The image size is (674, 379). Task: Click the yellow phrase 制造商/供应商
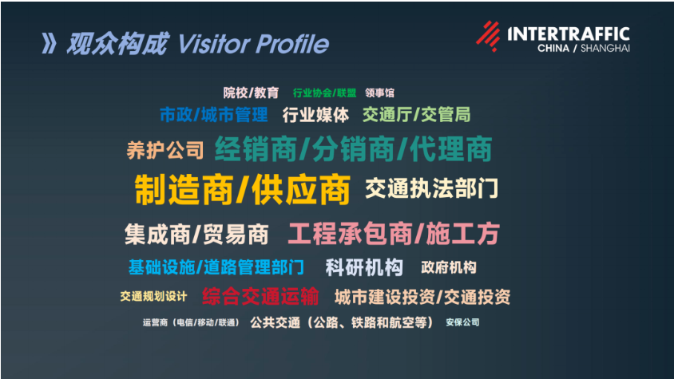[x=242, y=190]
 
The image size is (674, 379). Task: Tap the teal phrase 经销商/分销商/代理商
[x=352, y=149]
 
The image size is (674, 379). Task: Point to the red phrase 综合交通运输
[x=260, y=297]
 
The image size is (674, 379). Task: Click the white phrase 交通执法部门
[x=432, y=189]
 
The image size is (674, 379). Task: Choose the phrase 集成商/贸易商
[x=196, y=235]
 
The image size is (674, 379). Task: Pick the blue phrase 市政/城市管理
[x=213, y=115]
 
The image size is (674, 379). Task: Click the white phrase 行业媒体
[x=315, y=115]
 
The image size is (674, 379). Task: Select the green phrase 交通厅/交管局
[x=416, y=115]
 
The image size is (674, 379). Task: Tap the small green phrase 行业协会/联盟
[x=324, y=93]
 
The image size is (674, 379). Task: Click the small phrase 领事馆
[x=379, y=93]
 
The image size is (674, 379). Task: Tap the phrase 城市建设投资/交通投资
[x=422, y=297]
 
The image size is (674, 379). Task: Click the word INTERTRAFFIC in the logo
[x=568, y=34]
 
